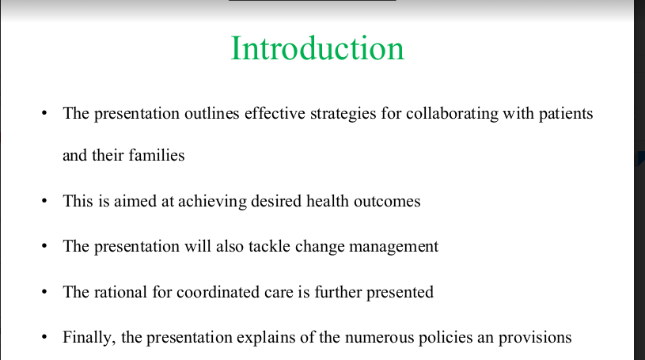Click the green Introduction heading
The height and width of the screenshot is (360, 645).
pos(317,48)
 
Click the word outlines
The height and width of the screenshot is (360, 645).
pos(212,113)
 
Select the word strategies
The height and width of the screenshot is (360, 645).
pos(343,114)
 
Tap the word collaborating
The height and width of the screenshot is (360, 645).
pos(452,114)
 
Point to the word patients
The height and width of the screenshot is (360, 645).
pos(566,114)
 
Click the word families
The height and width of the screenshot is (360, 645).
pos(157,155)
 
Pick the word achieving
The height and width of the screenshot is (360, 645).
pos(212,202)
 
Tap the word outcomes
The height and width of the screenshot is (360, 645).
pos(387,201)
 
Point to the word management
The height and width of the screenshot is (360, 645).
pos(393,247)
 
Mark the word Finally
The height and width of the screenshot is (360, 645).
pos(89,338)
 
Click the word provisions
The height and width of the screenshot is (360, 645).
pos(535,338)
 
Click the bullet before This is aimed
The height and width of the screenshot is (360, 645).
pos(44,201)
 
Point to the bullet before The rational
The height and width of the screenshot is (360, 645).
pos(44,292)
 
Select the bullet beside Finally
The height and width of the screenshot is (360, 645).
pos(44,337)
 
